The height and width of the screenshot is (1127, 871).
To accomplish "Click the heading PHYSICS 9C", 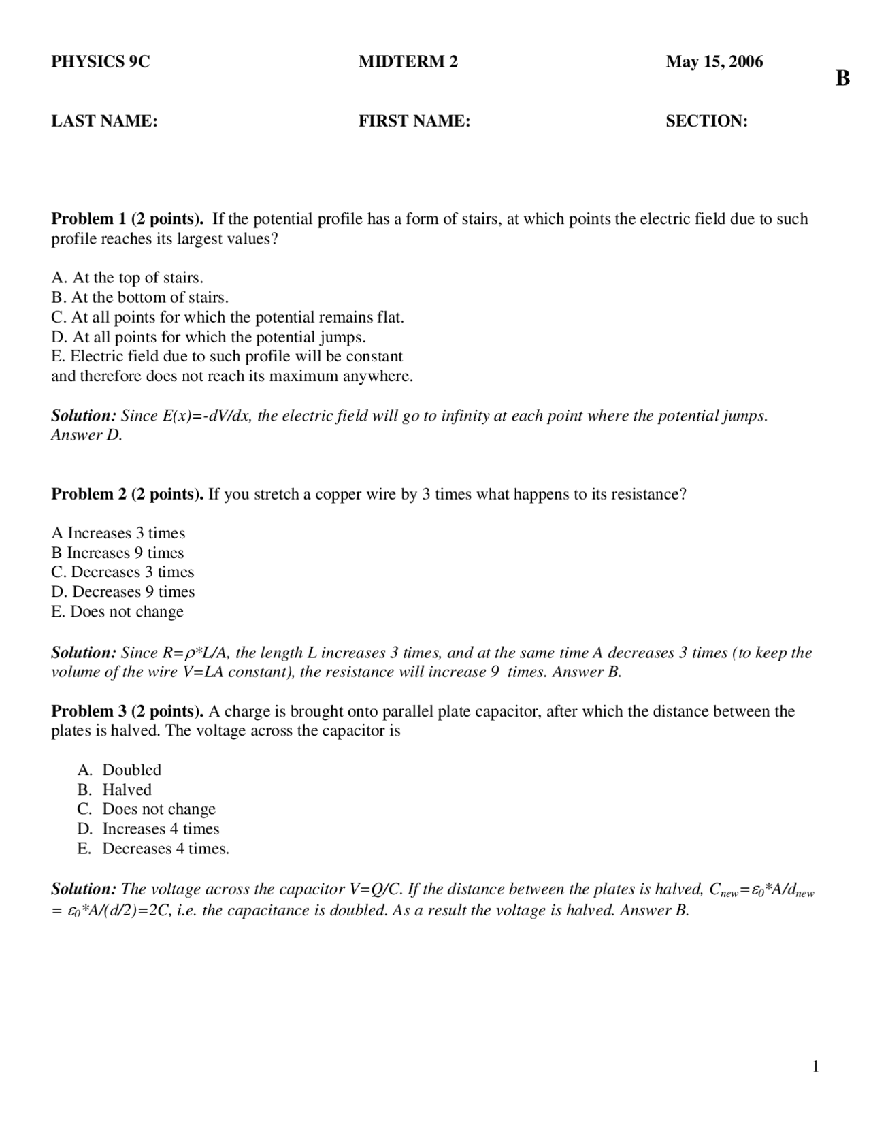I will pos(100,62).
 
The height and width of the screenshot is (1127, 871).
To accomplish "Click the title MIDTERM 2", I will pos(408,62).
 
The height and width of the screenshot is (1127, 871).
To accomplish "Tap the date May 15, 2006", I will pos(714,62).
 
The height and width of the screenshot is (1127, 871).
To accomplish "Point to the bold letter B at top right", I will pos(842,79).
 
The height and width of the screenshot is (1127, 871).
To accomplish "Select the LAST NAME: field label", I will pos(104,121).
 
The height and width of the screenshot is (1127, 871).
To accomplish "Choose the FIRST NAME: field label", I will pos(414,121).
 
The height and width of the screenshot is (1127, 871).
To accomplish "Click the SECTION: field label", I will pos(706,121).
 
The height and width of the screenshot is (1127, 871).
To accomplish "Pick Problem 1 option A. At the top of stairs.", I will pos(127,278).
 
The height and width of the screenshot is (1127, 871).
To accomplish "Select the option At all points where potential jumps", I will pos(208,337).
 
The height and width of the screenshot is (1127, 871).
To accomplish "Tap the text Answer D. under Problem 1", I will pos(86,435).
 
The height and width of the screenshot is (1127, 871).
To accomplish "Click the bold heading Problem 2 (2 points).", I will pos(127,494).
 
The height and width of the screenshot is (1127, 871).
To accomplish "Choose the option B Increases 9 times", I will pos(118,553).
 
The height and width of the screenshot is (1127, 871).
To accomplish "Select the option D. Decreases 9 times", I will pos(122,591).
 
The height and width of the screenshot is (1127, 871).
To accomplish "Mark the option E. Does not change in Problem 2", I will pos(117,611).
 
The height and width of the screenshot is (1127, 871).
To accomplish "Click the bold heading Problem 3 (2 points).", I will pos(127,711).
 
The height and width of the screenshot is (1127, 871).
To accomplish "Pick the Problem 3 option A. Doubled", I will pos(120,770).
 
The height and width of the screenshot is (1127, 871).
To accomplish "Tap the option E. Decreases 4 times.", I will pos(154,849).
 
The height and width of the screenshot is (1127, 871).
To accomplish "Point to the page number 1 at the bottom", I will pos(815,1066).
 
